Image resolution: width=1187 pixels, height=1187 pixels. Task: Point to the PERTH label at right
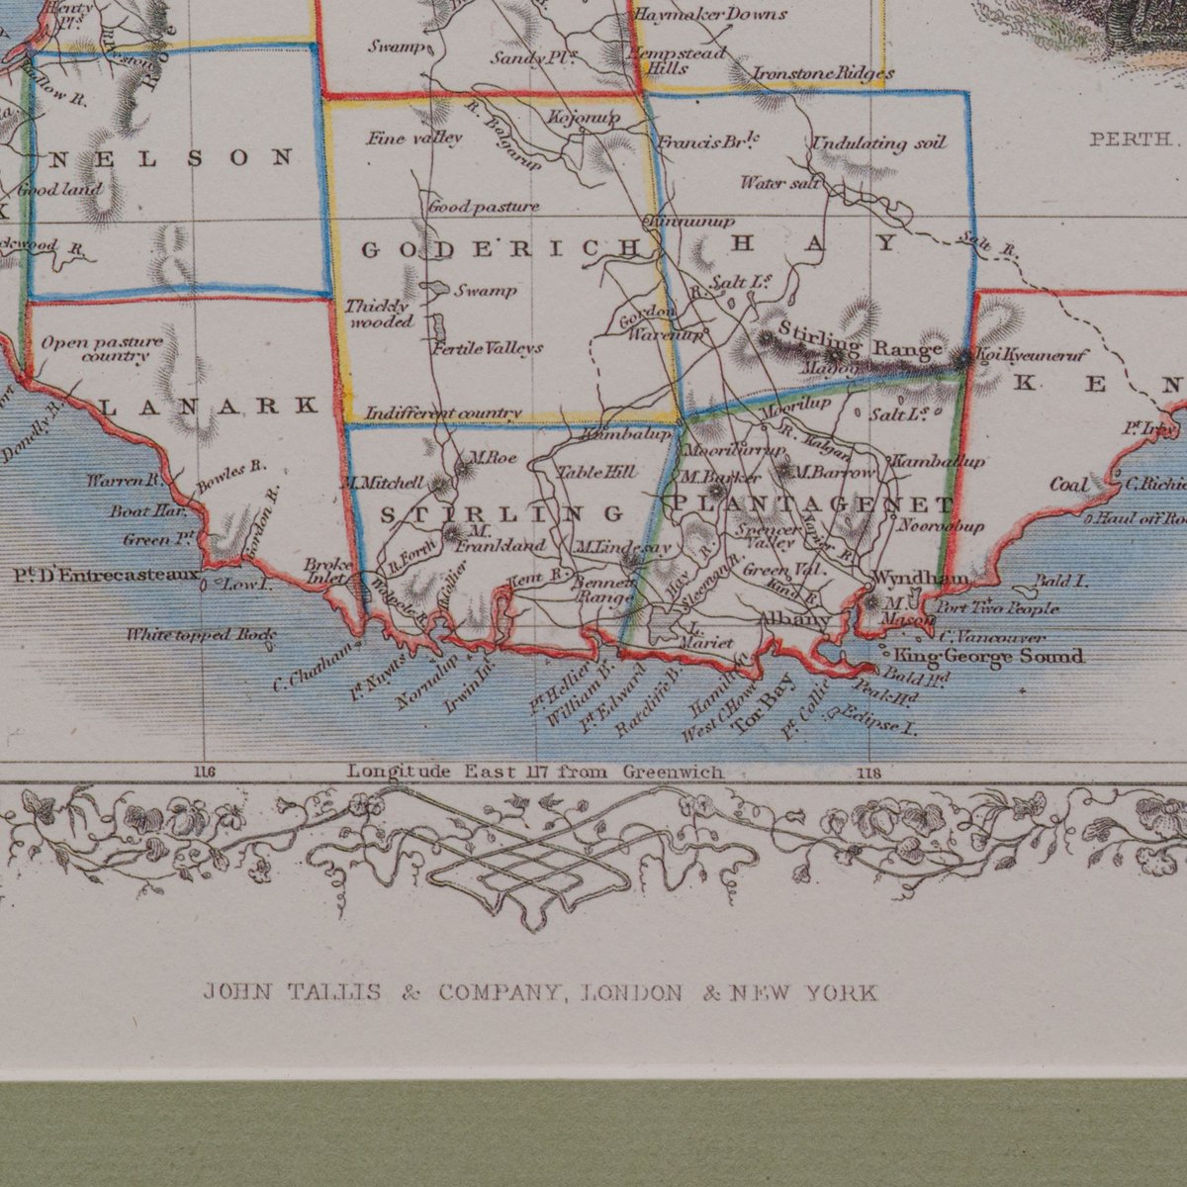(x=1130, y=139)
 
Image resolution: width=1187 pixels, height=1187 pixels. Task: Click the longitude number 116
(x=205, y=773)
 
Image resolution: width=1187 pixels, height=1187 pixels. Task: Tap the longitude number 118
(x=870, y=773)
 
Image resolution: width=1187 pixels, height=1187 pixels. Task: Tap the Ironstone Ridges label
(x=823, y=73)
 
